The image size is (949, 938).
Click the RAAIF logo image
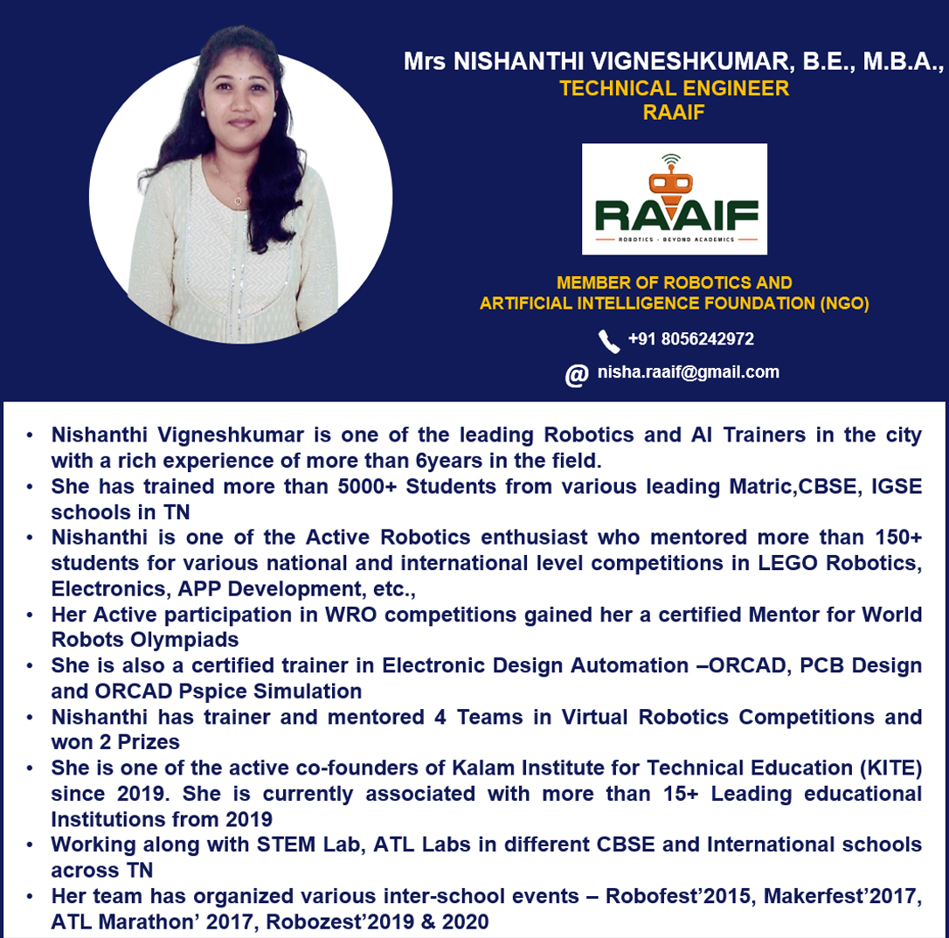click(674, 199)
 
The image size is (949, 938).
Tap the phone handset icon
click(608, 340)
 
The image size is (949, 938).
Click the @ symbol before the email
click(576, 374)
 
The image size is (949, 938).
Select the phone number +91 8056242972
click(690, 339)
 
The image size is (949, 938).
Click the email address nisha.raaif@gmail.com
click(688, 372)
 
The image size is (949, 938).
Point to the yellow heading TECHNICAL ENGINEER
click(674, 88)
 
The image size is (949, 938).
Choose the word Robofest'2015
click(671, 896)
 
